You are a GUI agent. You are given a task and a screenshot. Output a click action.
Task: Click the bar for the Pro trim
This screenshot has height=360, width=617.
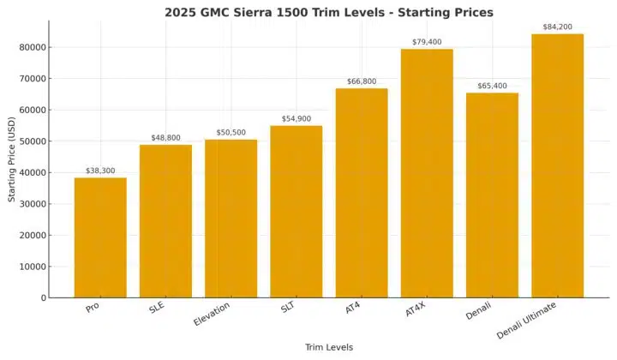(x=100, y=237)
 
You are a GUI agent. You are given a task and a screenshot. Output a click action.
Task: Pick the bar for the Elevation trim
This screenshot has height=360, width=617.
(x=231, y=219)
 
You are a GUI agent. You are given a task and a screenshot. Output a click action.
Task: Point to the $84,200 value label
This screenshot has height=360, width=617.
(x=557, y=27)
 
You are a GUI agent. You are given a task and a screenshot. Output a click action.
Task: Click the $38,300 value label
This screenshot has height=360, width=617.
(x=100, y=171)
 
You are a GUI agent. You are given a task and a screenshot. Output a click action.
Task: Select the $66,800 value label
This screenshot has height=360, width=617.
(x=361, y=81)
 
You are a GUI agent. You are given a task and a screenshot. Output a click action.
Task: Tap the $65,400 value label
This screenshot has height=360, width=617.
(x=492, y=86)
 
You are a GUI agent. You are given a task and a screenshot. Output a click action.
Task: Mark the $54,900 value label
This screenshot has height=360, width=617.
(x=296, y=118)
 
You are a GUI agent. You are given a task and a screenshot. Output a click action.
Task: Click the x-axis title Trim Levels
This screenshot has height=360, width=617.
(x=328, y=347)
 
